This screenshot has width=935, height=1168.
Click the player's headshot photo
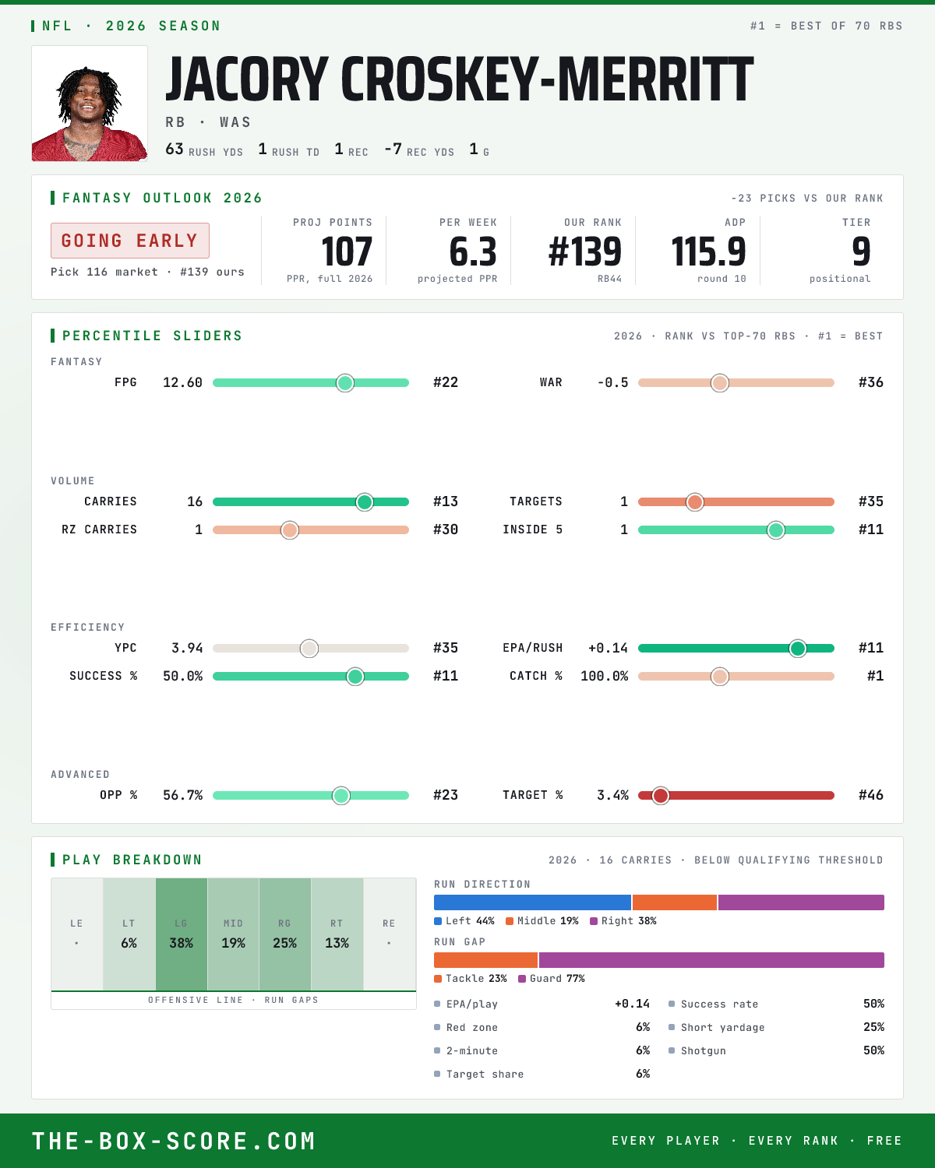tap(90, 104)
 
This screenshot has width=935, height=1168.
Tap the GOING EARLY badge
tap(130, 241)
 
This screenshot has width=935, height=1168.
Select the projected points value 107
tap(347, 252)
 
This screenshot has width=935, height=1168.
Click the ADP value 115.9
tap(708, 252)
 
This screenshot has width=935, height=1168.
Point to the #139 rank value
tap(584, 252)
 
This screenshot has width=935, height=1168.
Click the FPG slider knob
tap(345, 382)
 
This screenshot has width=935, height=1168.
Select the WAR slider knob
tap(720, 382)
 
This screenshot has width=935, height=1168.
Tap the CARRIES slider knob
tap(365, 502)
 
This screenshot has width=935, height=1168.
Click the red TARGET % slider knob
tap(661, 796)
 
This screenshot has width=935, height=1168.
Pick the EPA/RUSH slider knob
tap(798, 648)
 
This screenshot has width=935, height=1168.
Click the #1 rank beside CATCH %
tap(875, 676)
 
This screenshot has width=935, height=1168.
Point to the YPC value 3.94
tap(187, 648)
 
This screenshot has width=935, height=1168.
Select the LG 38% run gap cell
tap(182, 934)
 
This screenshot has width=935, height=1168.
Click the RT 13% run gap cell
tap(337, 934)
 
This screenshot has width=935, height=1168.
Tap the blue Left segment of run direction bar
tap(532, 902)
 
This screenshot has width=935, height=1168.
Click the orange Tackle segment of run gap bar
tap(485, 960)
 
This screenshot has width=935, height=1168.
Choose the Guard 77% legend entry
tap(552, 979)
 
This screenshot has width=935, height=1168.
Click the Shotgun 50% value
tap(873, 1050)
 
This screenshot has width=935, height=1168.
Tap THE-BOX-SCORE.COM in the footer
tap(174, 1141)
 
